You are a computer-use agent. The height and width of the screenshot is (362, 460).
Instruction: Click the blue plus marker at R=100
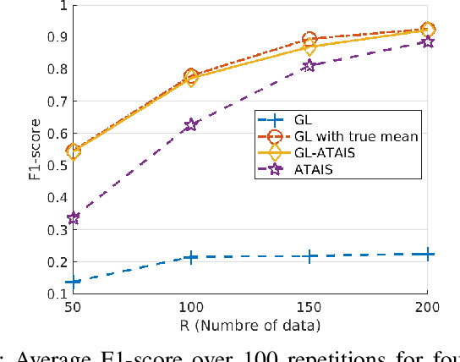pyautogui.click(x=191, y=257)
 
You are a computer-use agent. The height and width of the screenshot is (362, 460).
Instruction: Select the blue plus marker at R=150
pyautogui.click(x=309, y=256)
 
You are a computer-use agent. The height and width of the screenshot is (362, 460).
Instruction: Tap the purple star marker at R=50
pyautogui.click(x=73, y=218)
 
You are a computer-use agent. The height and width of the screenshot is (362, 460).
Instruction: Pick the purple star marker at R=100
pyautogui.click(x=191, y=125)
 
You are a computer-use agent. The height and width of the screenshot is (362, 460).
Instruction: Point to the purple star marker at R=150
pyautogui.click(x=309, y=65)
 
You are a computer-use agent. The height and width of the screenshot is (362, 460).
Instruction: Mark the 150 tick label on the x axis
pyautogui.click(x=309, y=307)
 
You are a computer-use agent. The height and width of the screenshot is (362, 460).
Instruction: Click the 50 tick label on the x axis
pyautogui.click(x=73, y=307)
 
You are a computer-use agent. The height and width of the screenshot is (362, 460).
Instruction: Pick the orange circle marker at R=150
pyautogui.click(x=309, y=40)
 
